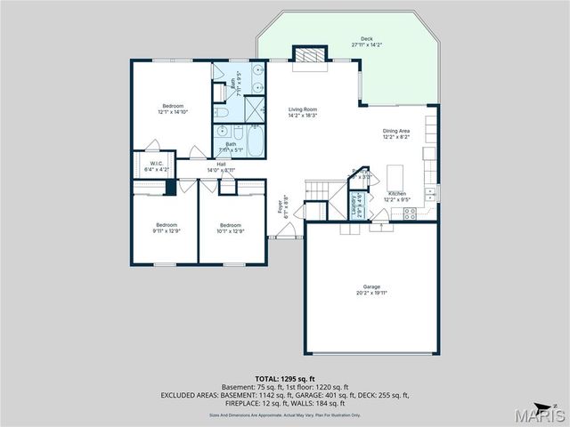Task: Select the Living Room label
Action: [303, 112]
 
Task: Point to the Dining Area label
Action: [396, 133]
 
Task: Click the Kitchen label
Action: [397, 196]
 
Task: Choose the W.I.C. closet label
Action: [156, 165]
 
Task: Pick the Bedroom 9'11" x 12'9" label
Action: [167, 227]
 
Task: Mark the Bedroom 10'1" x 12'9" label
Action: [231, 228]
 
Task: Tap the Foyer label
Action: [284, 209]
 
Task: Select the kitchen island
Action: [396, 173]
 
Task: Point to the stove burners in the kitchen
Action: [428, 191]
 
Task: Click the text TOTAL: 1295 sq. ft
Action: [284, 379]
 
